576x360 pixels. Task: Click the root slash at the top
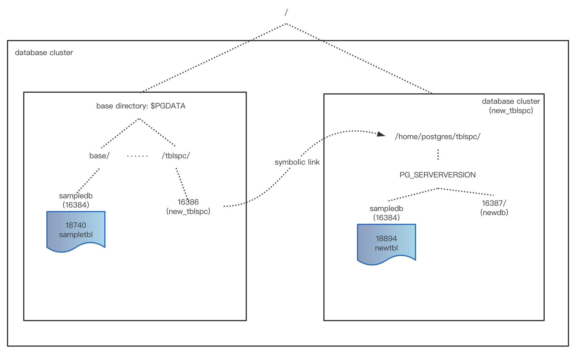click(x=286, y=12)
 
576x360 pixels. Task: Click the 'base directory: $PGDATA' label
click(x=141, y=106)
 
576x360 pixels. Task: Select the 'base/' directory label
click(x=99, y=156)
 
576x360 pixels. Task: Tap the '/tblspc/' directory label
click(x=176, y=156)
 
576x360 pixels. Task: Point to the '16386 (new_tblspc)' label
click(x=188, y=206)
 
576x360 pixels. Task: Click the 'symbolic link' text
click(x=297, y=162)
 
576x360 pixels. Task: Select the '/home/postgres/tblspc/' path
click(x=438, y=137)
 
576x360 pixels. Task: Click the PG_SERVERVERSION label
click(x=438, y=175)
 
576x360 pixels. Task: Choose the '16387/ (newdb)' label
click(x=494, y=208)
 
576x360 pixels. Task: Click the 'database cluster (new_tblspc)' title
click(x=511, y=106)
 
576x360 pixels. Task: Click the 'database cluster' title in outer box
click(x=44, y=52)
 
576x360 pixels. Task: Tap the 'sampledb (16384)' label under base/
click(x=76, y=200)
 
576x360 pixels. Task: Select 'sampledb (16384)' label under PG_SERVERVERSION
click(x=386, y=213)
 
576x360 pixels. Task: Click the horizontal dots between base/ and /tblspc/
click(x=137, y=156)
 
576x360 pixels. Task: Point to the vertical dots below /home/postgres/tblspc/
click(x=438, y=155)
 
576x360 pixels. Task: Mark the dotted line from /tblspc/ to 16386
click(x=182, y=183)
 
